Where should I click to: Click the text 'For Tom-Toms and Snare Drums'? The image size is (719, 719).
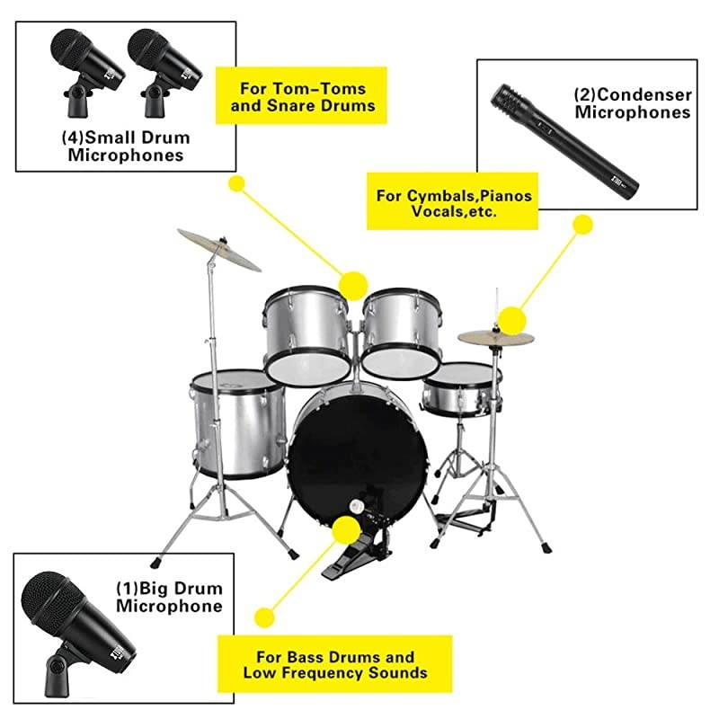300,98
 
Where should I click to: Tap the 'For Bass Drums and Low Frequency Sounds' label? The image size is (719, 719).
334,664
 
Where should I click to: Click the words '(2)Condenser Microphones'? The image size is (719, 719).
633,103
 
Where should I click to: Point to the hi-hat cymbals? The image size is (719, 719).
495,338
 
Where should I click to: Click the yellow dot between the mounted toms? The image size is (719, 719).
354,285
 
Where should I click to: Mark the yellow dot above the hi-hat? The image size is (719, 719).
511,318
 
